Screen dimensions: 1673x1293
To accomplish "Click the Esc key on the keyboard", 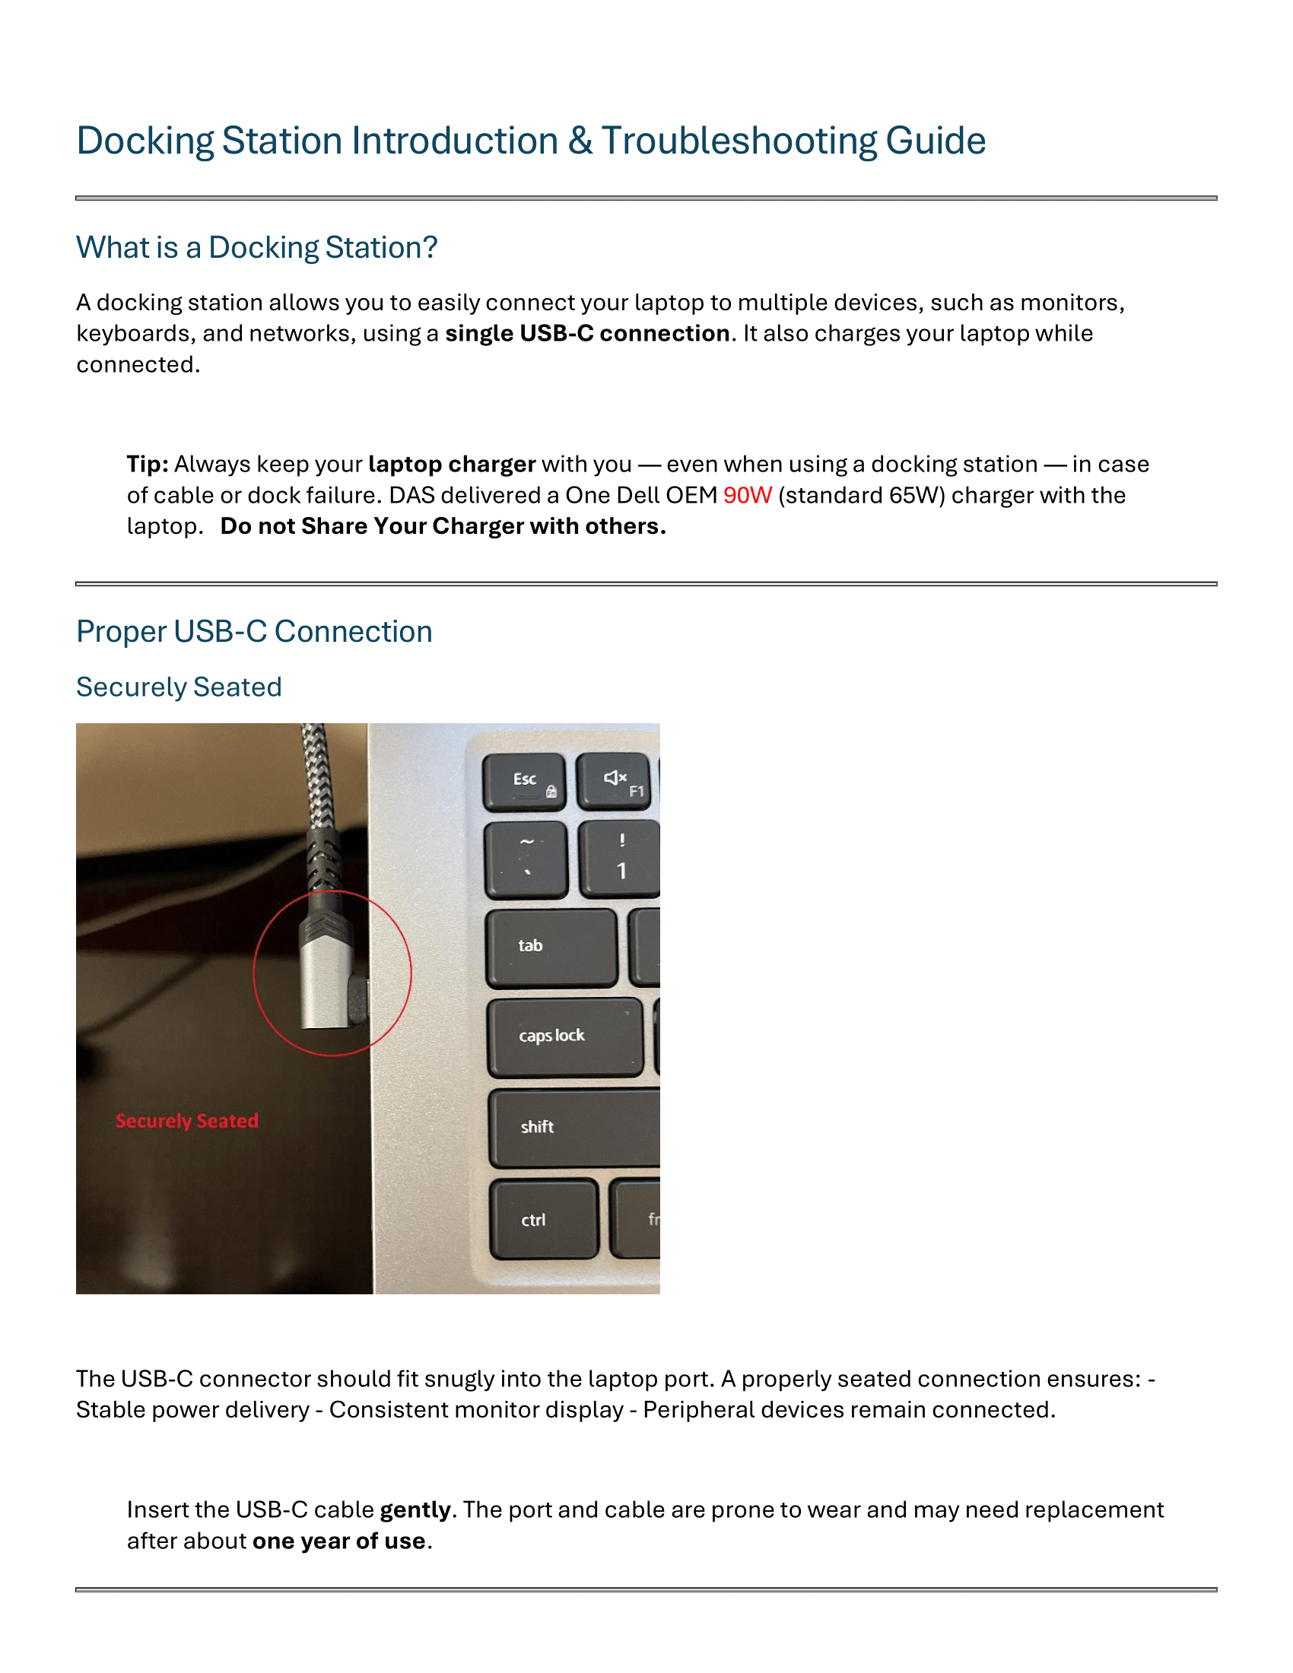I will click(524, 781).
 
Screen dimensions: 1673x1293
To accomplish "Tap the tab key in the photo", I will click(551, 947).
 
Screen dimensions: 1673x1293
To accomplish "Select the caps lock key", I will click(564, 1036).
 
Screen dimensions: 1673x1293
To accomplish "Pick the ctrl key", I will click(544, 1219).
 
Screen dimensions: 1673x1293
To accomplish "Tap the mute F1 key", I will click(615, 781).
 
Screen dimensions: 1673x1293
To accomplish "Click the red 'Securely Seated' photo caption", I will click(187, 1121).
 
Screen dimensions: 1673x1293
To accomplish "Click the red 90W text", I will click(747, 496).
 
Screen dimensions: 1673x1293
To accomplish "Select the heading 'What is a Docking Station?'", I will click(256, 247).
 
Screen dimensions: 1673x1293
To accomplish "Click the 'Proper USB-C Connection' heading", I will click(254, 631).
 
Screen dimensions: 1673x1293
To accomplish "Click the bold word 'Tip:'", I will click(148, 464).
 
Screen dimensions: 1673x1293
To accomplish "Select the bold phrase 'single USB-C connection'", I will click(586, 333).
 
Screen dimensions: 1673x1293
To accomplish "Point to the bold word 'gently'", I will click(415, 1509).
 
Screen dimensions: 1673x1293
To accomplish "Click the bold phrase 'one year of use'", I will click(338, 1541).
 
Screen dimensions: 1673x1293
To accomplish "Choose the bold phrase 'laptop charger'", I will click(451, 464).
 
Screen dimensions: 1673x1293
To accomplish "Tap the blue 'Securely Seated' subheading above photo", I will click(179, 687).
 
